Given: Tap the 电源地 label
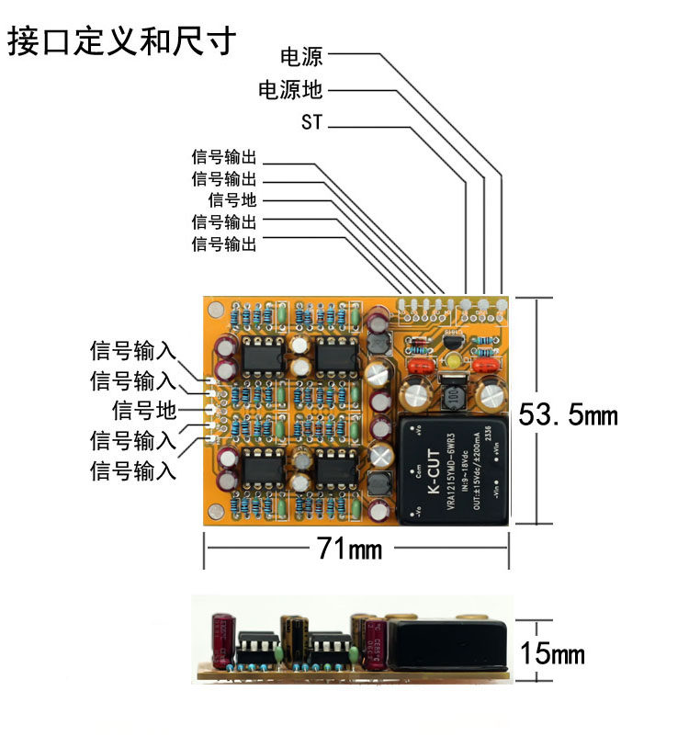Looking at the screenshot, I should [x=290, y=90].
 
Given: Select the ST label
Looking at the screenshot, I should [x=312, y=122].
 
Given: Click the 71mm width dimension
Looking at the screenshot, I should [x=349, y=549].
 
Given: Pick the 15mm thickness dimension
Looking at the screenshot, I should [x=552, y=654].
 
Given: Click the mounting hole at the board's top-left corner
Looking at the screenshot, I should [x=216, y=311].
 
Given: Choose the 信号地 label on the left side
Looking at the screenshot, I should [x=144, y=410].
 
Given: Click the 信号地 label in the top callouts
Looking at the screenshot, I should [x=233, y=200].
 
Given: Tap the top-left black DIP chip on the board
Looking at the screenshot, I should [x=264, y=355].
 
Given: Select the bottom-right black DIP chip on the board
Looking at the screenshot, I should [x=336, y=468].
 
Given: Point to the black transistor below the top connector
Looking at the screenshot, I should [x=450, y=341].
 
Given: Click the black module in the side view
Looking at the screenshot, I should [x=448, y=644].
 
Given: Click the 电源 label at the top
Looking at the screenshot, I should [x=302, y=57].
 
